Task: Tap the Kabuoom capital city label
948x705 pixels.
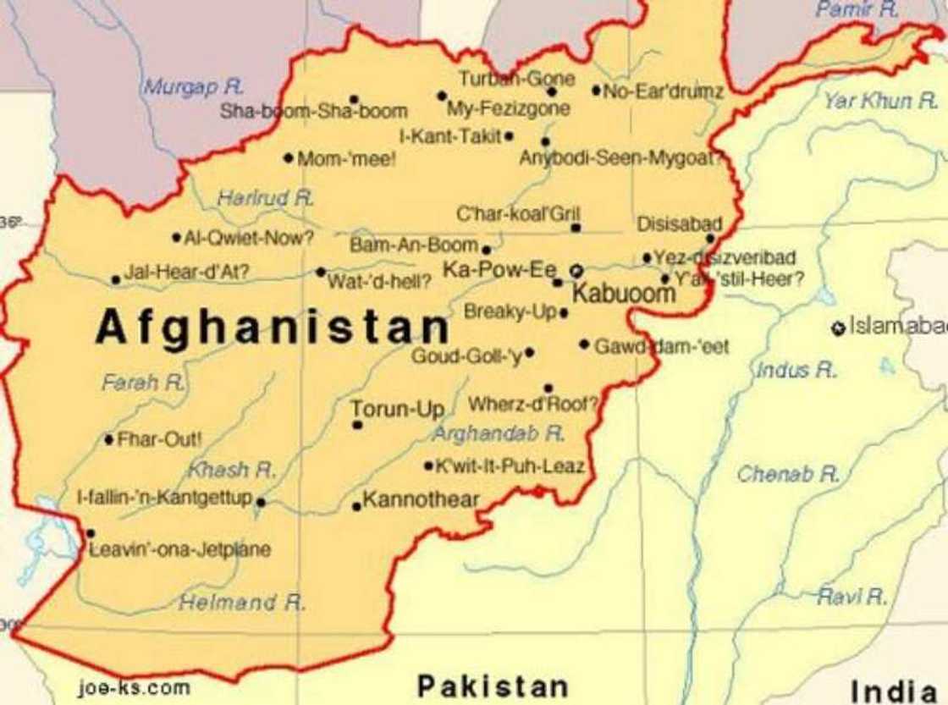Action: tap(624, 294)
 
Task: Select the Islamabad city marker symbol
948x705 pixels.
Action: tap(838, 328)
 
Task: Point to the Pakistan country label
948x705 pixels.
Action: tap(493, 685)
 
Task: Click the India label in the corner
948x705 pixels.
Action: tap(898, 691)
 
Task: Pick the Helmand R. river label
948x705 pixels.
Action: tap(242, 603)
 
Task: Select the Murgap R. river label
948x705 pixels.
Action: tap(193, 86)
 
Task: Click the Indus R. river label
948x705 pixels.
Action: tap(796, 370)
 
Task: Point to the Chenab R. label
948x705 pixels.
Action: tap(787, 474)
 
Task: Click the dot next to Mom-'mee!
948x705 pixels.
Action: tap(289, 157)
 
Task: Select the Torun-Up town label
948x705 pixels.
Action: tap(398, 410)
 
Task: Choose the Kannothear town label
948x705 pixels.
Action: tap(421, 500)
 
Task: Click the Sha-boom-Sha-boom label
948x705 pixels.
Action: tap(314, 111)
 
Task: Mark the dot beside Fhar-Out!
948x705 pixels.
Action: tap(109, 439)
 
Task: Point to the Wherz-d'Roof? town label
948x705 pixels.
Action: tap(533, 405)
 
